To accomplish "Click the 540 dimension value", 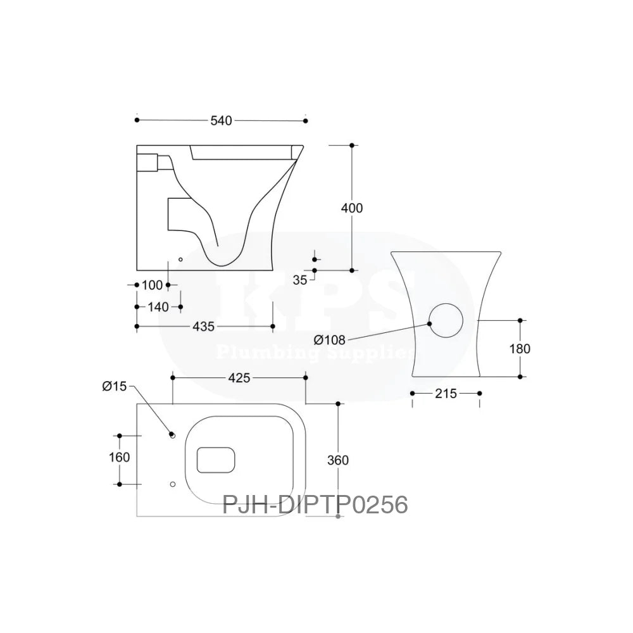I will click(x=222, y=120).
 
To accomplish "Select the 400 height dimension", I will click(x=352, y=208).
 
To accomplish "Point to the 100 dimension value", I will click(x=152, y=285).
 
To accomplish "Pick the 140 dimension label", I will click(x=158, y=307).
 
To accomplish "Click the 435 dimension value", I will click(x=204, y=327).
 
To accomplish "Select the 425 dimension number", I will click(x=239, y=378).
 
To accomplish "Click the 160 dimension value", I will click(x=119, y=457).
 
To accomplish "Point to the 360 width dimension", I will click(x=339, y=460).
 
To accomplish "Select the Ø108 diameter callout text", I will click(x=329, y=340).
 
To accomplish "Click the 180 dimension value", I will click(x=520, y=349).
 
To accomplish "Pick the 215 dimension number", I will click(x=446, y=394).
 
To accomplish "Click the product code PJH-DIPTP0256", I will click(x=315, y=505).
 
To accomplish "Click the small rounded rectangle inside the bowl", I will click(x=216, y=460).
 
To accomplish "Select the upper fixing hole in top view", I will click(x=172, y=435).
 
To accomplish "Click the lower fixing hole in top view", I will click(x=172, y=484).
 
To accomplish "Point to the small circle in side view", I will click(x=180, y=259).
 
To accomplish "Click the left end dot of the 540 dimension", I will click(x=137, y=120).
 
